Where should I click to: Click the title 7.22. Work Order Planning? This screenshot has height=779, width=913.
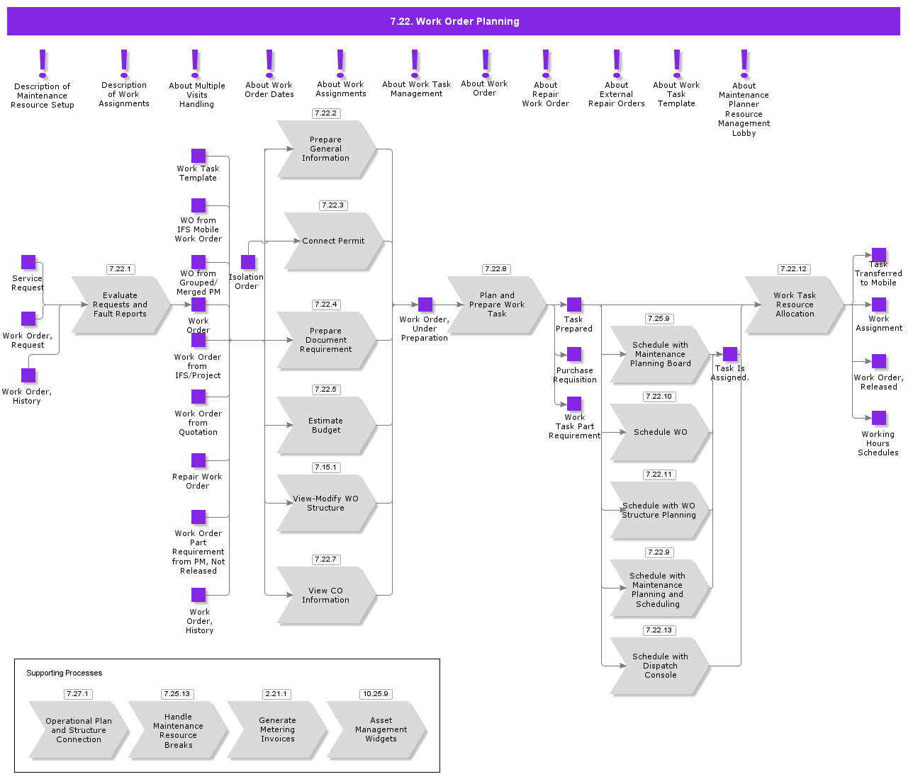coord(454,21)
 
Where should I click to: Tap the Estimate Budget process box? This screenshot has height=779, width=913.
coord(326,425)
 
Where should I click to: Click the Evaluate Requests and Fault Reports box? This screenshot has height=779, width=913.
coord(121,305)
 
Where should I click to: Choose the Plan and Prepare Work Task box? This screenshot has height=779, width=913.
coord(496,305)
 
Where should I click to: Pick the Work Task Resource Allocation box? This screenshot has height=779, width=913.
coord(794,305)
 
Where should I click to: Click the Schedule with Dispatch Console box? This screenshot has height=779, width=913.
coord(659,666)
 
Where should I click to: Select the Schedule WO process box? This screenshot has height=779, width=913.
coord(659,432)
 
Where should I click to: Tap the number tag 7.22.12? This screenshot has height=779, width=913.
coord(793,269)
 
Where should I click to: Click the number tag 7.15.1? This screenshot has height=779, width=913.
coord(325,467)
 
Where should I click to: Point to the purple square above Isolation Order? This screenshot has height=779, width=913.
coord(248,262)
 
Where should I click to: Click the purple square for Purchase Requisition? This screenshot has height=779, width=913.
coord(574,354)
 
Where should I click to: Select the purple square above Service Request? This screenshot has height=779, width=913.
coord(28,262)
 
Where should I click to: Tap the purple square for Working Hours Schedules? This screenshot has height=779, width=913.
coord(879,418)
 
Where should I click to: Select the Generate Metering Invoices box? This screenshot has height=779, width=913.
coord(276,729)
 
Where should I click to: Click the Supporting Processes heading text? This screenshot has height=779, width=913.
coord(65,673)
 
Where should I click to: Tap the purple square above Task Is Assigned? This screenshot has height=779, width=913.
coord(730,354)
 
